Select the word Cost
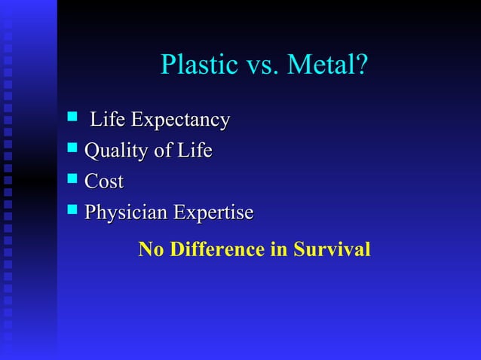[104, 182]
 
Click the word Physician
[126, 214]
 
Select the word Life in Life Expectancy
[108, 120]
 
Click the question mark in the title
[362, 66]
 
